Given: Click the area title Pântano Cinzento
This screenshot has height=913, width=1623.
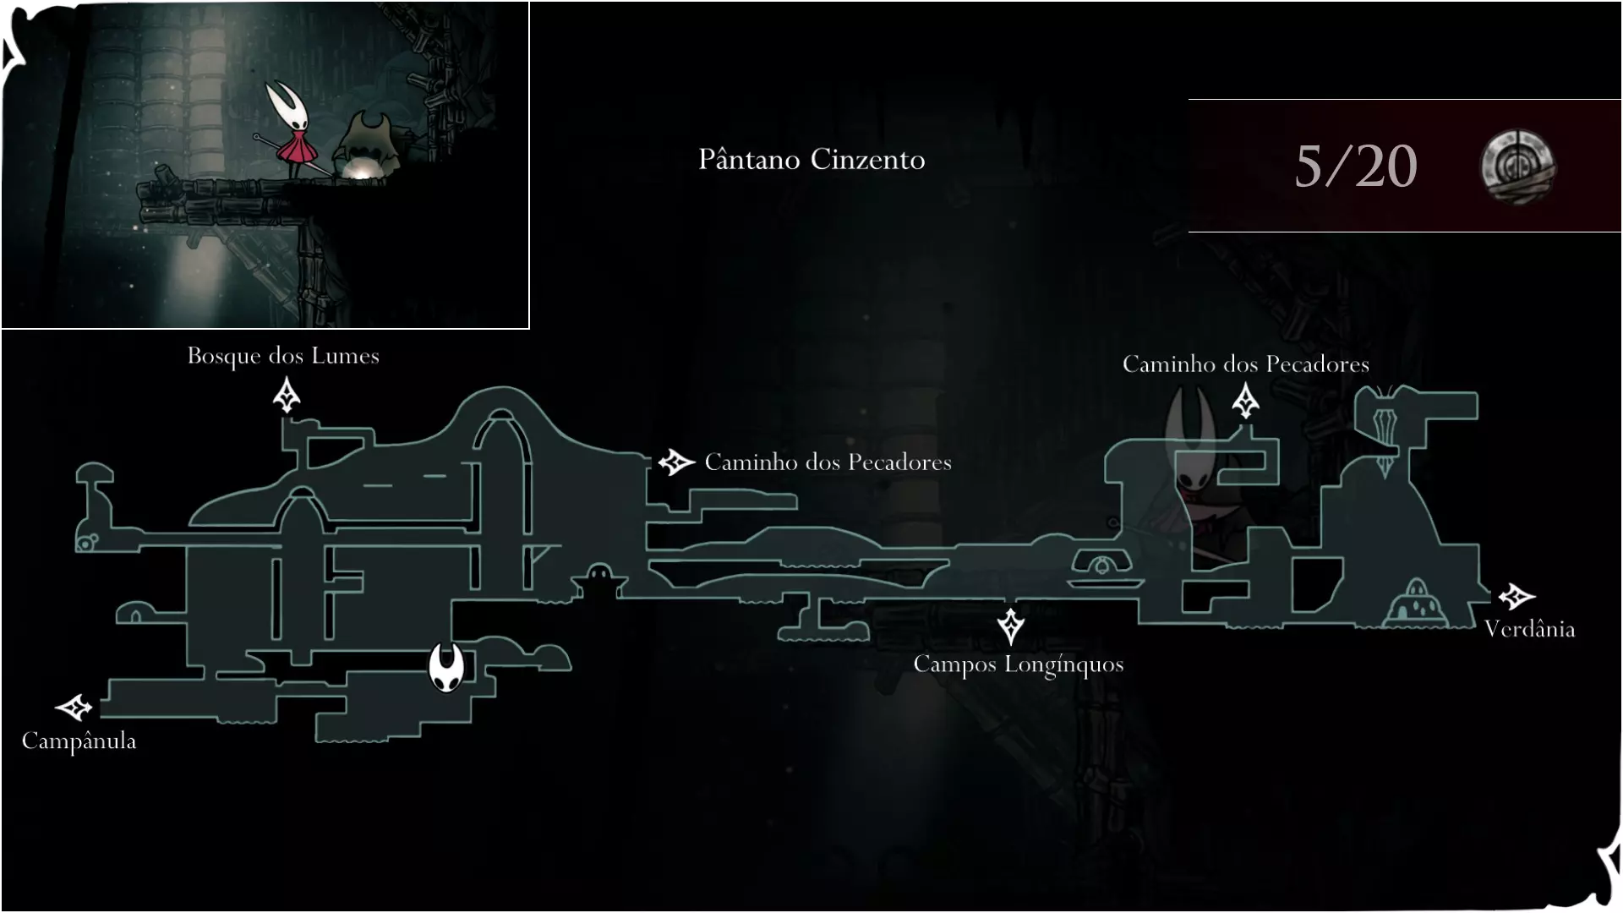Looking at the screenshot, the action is pos(811,160).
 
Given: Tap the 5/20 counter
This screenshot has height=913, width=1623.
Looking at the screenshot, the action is pos(1356,167).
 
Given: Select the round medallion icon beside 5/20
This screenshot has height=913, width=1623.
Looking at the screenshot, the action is pos(1517,167).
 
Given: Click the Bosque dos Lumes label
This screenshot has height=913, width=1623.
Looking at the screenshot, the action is pos(283,356).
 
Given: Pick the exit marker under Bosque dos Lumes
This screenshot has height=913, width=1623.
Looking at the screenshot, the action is pos(287,396).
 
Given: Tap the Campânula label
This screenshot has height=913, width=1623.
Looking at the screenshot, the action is pos(79,741).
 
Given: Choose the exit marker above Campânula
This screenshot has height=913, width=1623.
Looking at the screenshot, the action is pos(74,707).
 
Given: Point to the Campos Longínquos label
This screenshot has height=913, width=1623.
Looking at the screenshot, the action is pos(1019,665).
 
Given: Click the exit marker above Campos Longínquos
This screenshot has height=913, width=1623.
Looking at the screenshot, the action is pos(1011,626).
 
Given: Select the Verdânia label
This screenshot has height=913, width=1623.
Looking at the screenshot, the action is pos(1529,629).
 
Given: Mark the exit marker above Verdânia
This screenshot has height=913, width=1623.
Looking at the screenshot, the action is pos(1516,597).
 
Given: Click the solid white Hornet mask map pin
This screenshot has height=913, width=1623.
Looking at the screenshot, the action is pos(446,666).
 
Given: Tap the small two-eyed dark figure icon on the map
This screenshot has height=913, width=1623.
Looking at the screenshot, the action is pos(599,580).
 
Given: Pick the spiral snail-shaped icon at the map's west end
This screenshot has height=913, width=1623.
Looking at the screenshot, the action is pos(86,541).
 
